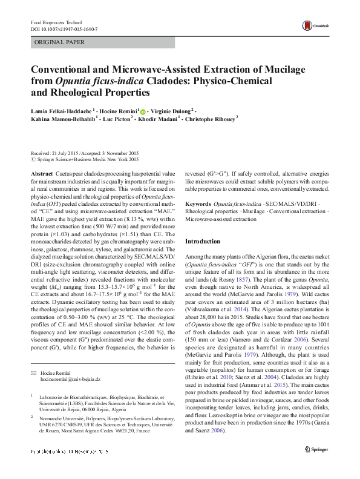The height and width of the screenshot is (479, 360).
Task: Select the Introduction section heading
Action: [203, 241]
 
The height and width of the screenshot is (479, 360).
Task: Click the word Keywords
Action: [198, 205]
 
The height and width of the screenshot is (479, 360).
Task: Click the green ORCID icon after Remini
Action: [143, 111]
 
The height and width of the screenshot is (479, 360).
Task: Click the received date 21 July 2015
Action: [70, 153]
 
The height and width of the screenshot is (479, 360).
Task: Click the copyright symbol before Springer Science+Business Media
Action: [33, 160]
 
